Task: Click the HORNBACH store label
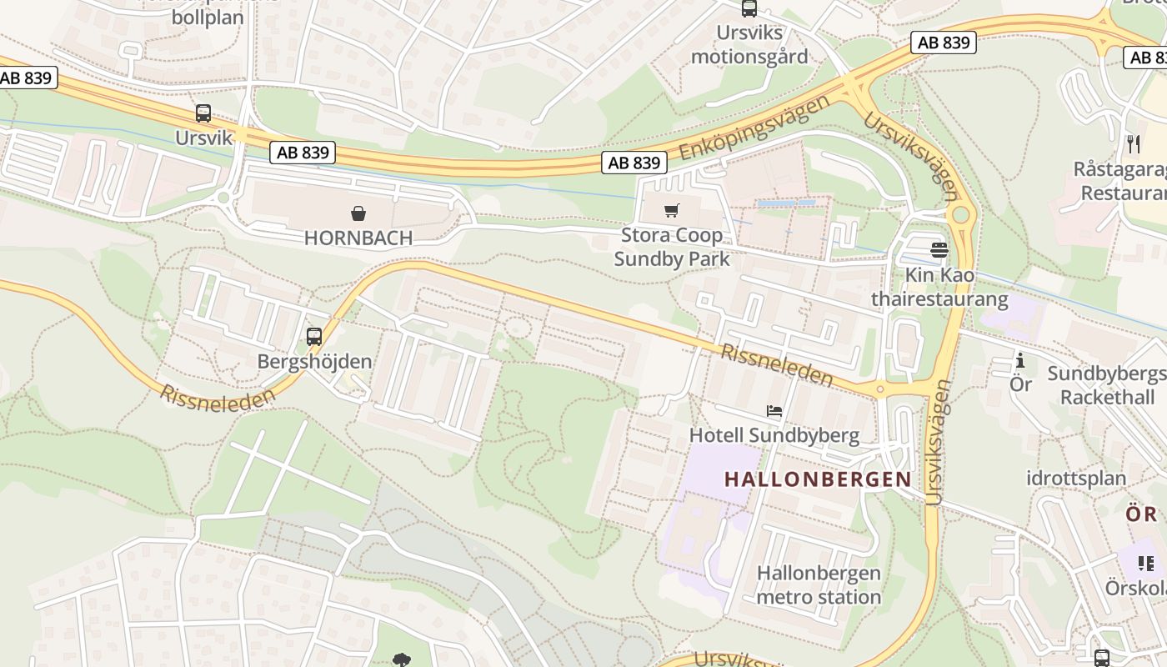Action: point(358,238)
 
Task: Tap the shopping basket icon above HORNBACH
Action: point(358,213)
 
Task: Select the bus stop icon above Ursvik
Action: point(203,113)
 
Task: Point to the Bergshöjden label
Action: point(314,362)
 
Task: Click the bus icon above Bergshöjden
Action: point(314,337)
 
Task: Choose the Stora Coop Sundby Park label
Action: point(672,247)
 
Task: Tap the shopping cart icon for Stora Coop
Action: point(672,210)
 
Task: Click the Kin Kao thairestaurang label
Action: point(939,287)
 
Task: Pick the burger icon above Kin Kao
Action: point(939,250)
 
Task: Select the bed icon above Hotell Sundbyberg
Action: point(774,411)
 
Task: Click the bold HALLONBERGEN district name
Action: point(818,479)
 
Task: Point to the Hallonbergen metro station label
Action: point(818,585)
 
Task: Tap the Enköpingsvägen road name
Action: point(755,127)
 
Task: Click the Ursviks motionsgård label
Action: point(749,44)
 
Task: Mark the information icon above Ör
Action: point(1020,360)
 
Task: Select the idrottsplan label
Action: point(1076,479)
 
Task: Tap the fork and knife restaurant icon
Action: point(1133,144)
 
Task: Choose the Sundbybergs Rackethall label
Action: point(1107,384)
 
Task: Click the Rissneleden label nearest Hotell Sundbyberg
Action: point(776,365)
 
